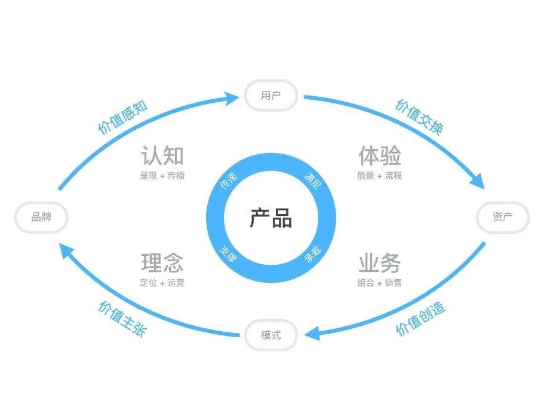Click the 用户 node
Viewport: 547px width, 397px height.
[x=271, y=95]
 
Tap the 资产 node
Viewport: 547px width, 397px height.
[x=502, y=217]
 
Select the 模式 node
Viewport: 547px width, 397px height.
[x=271, y=335]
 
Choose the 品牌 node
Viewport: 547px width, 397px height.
[x=41, y=217]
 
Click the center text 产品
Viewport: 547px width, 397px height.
[x=271, y=218]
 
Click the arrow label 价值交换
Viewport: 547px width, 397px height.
[x=419, y=117]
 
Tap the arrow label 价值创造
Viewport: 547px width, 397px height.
[x=420, y=319]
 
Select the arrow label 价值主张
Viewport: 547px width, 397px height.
[x=121, y=319]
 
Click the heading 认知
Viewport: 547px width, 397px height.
[x=162, y=156]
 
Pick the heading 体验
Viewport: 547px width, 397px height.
[x=380, y=156]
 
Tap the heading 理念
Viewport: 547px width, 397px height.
[x=162, y=263]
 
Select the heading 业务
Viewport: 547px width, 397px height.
[x=380, y=263]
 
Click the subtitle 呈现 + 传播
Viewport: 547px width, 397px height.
[x=162, y=176]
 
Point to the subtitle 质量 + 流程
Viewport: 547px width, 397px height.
[x=380, y=176]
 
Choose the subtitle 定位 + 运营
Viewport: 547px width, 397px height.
[x=162, y=283]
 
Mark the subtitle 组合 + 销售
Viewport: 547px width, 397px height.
[x=380, y=283]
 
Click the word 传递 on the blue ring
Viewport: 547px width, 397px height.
[x=229, y=181]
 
